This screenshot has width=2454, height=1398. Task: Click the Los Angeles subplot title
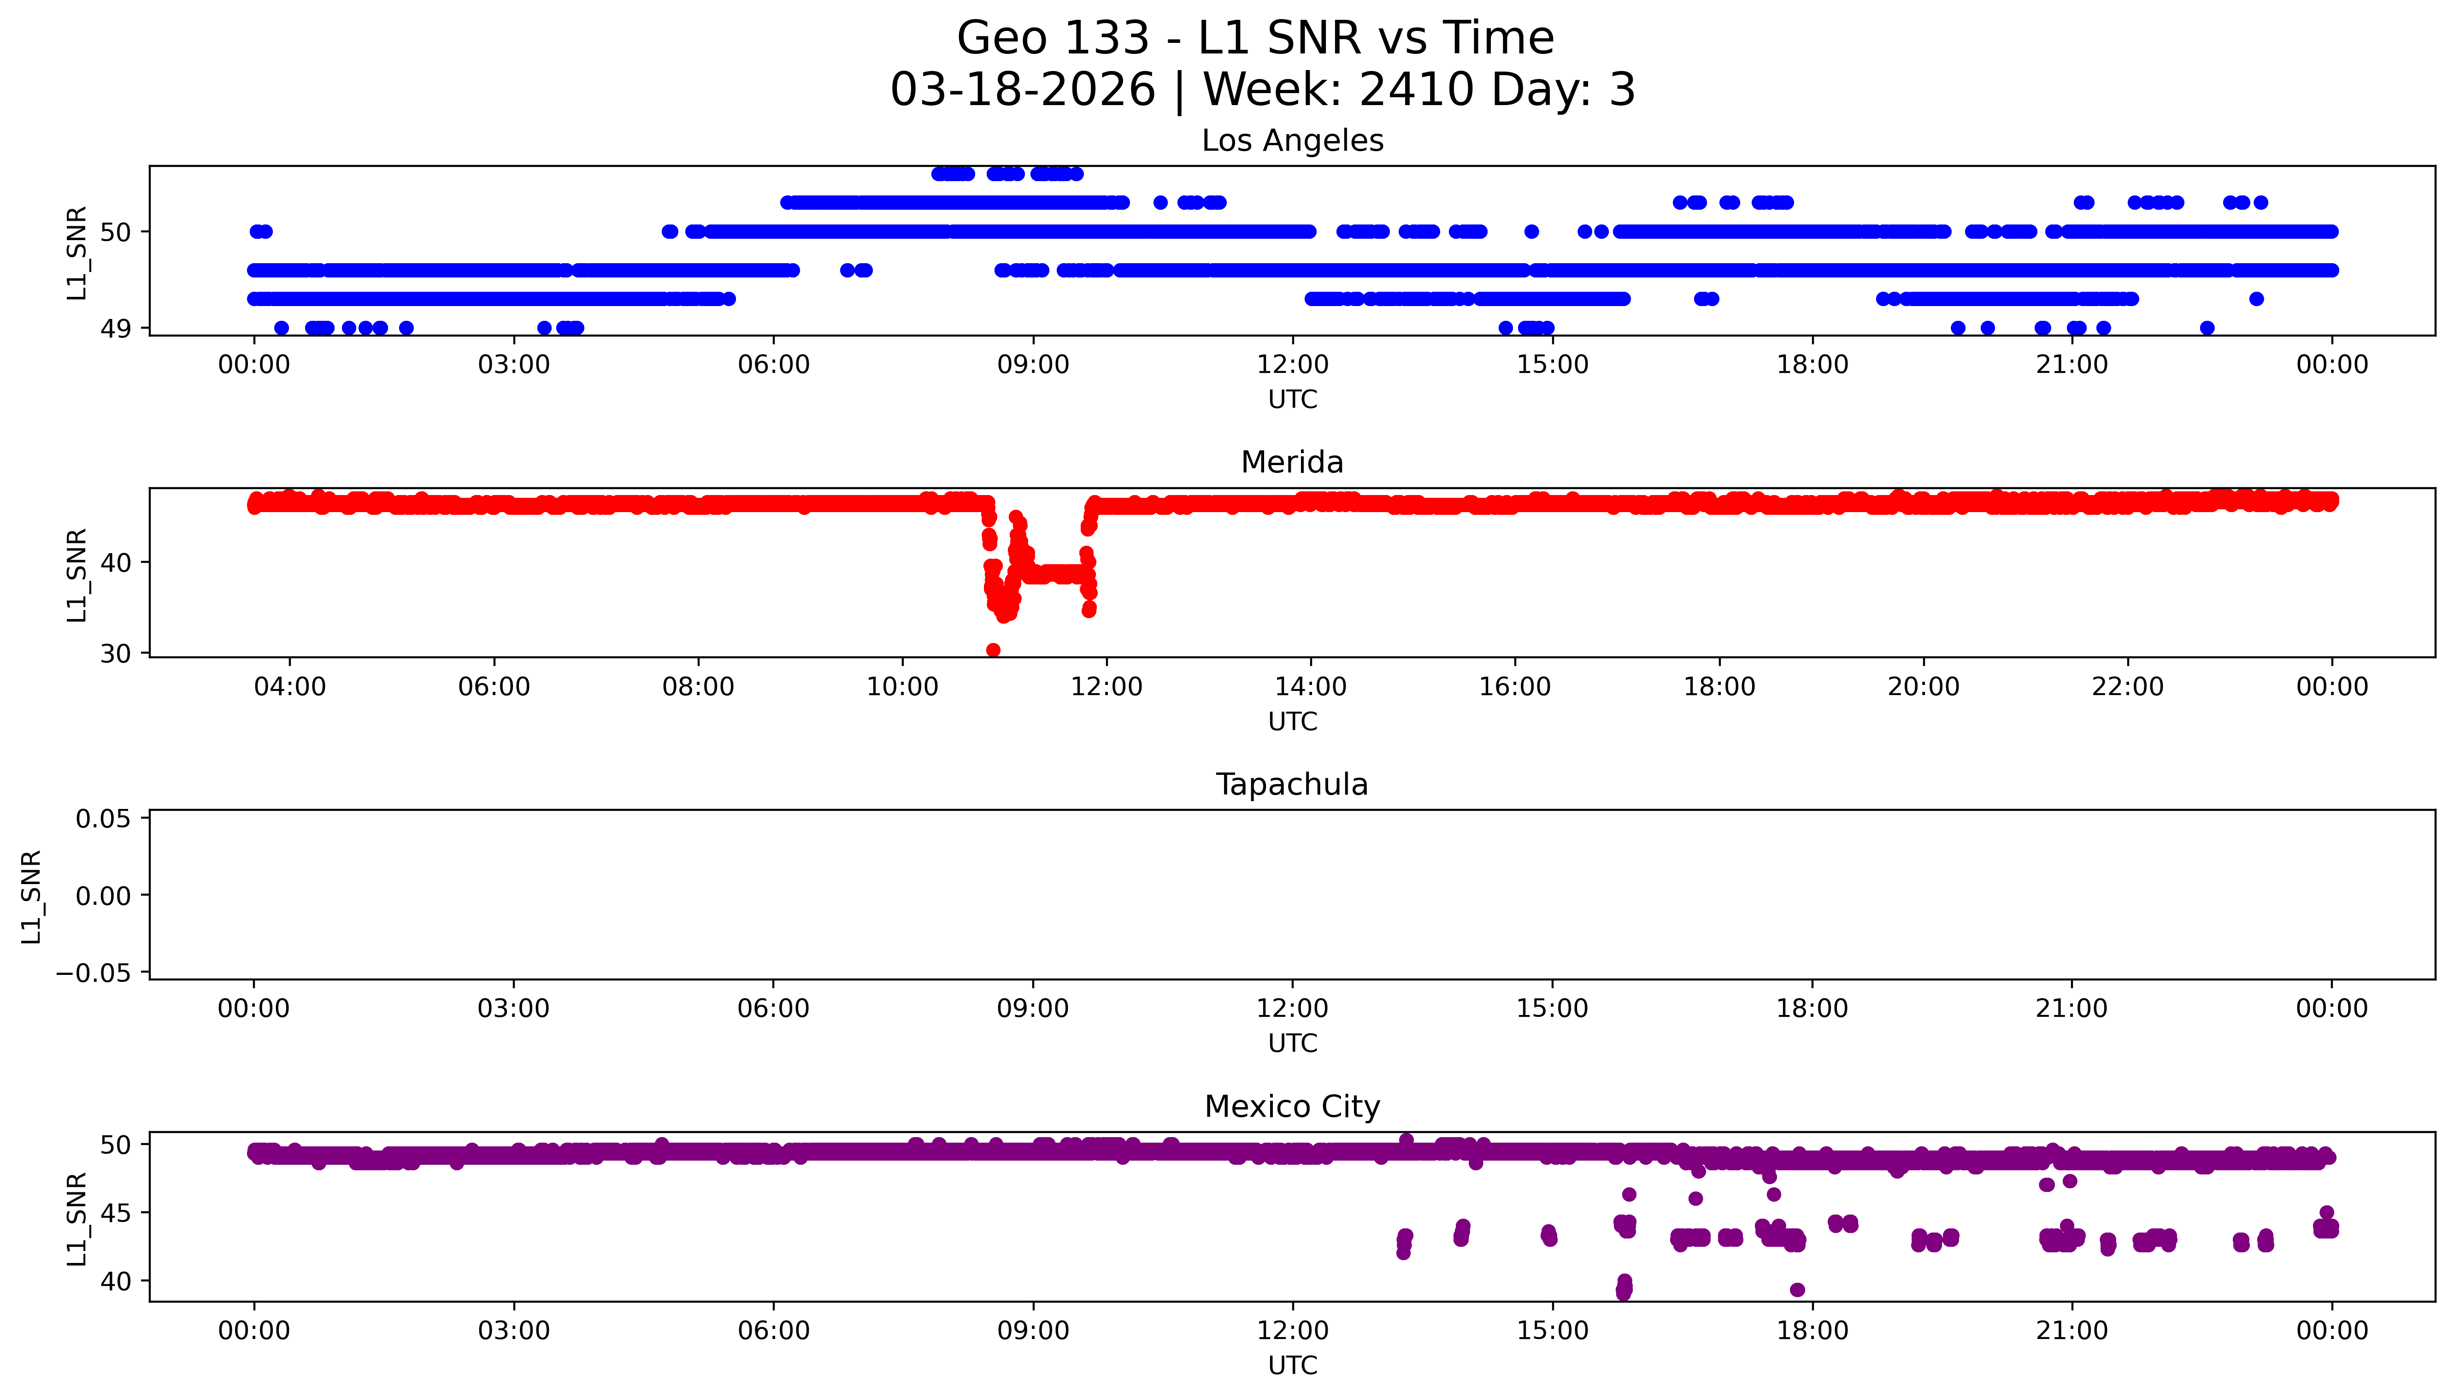[x=1292, y=141]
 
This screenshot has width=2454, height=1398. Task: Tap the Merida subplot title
[x=1292, y=463]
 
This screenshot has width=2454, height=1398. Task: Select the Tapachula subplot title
[x=1292, y=785]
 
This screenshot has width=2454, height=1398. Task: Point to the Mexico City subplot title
[x=1292, y=1107]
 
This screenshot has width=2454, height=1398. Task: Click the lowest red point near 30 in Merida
[x=993, y=650]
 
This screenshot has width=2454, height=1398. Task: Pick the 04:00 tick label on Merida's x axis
[x=290, y=686]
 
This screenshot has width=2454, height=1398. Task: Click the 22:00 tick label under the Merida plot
[x=2128, y=686]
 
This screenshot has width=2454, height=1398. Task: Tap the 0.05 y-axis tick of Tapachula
[x=104, y=819]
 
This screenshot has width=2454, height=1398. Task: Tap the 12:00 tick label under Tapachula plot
[x=1292, y=1008]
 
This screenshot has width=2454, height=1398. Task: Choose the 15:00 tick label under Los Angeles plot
[x=1552, y=365]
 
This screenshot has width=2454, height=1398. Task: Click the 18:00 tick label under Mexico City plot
[x=1812, y=1331]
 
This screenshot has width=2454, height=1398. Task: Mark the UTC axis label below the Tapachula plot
[x=1292, y=1043]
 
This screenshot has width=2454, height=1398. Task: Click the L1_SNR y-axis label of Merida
[x=77, y=574]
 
